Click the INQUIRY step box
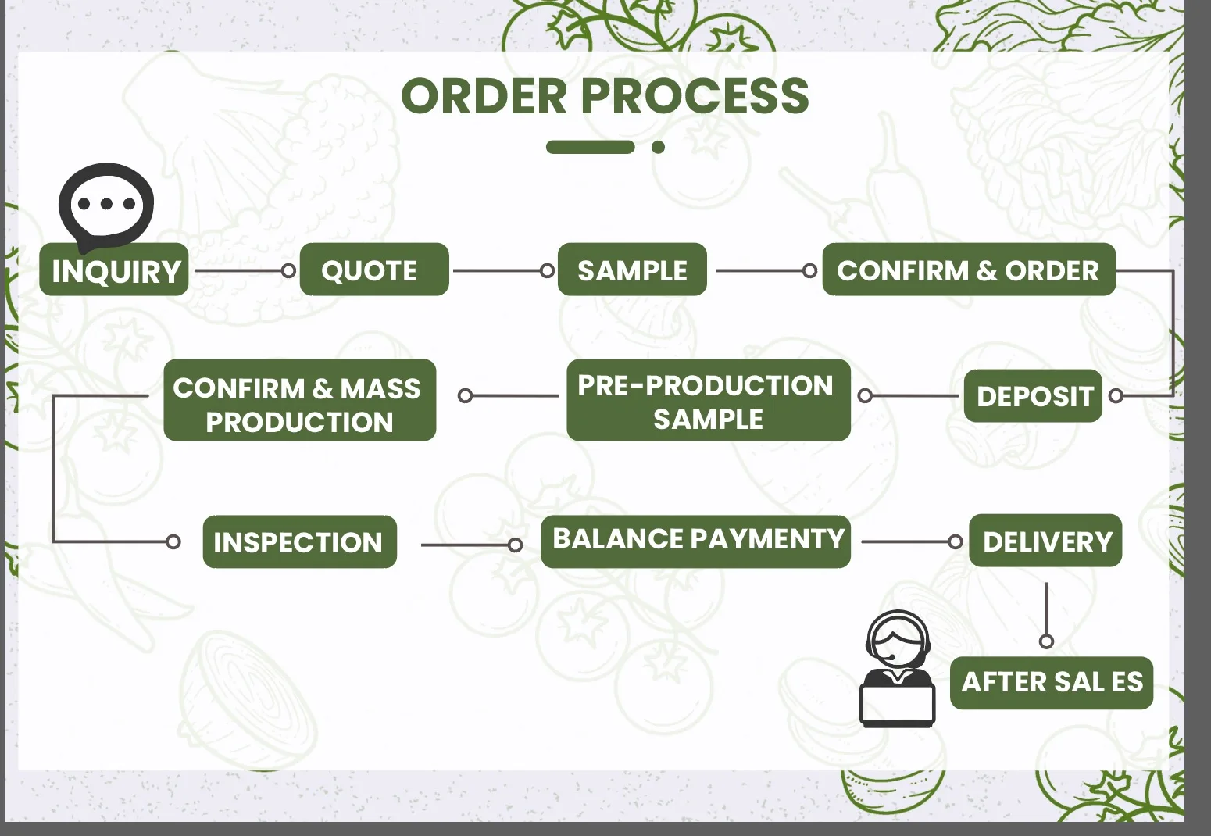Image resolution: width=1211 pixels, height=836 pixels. [114, 270]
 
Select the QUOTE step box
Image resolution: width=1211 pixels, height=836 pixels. [374, 270]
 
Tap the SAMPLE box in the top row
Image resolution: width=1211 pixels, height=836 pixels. [632, 270]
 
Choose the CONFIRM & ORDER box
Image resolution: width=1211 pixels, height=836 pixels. [968, 270]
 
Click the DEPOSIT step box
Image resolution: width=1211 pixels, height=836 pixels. [1033, 396]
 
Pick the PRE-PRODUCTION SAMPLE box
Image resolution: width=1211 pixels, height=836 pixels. [708, 401]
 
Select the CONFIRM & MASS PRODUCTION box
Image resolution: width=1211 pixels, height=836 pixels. [299, 401]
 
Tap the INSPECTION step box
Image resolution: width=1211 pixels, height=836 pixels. [299, 542]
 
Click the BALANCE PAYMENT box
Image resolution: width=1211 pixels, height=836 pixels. [695, 541]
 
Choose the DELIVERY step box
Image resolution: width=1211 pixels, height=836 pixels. [1045, 541]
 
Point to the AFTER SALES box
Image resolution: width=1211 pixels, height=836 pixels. [1051, 683]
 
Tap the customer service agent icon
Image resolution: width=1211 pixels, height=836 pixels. [898, 670]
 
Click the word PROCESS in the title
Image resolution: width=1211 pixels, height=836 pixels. [695, 96]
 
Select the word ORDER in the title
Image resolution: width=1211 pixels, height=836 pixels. [484, 96]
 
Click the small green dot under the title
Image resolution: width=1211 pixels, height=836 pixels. [659, 147]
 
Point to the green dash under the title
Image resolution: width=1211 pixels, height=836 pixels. [590, 147]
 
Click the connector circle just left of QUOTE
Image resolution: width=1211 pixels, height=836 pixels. [288, 271]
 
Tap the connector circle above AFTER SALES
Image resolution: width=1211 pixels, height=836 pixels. [1046, 641]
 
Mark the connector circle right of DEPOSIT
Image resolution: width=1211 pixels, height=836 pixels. [1116, 396]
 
